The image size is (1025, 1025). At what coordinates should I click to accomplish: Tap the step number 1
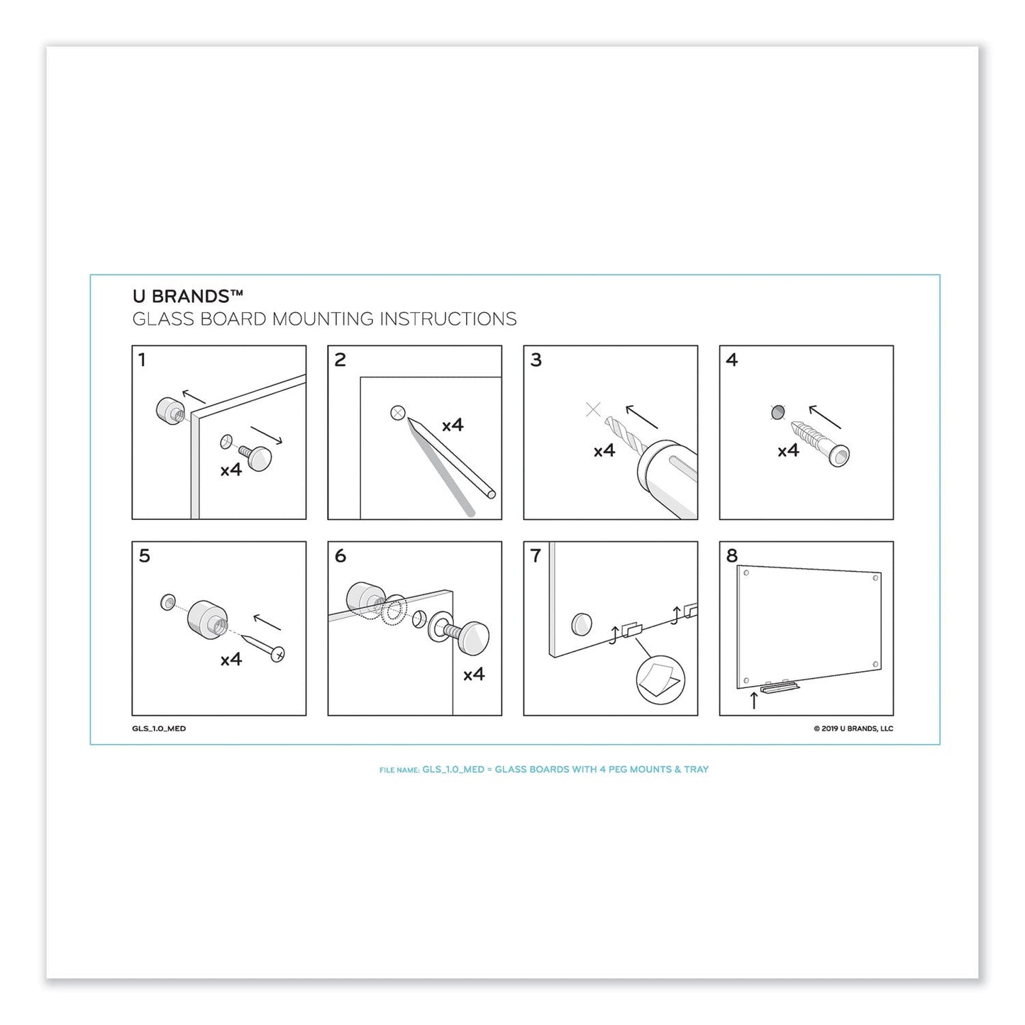[x=142, y=360]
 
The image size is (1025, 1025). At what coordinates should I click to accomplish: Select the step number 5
[x=144, y=556]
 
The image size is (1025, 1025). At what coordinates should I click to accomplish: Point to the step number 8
[x=732, y=556]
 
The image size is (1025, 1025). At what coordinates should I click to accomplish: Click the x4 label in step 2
[x=453, y=425]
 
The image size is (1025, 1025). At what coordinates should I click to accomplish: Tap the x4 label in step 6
[x=474, y=674]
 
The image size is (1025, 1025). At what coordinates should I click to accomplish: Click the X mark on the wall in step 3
[x=593, y=409]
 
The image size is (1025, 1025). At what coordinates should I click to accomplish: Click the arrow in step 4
[x=825, y=417]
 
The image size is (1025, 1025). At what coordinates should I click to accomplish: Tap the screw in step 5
[x=261, y=643]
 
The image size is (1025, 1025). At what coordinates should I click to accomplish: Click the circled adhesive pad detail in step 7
[x=660, y=679]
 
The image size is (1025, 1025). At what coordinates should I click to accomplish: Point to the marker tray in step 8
[x=780, y=687]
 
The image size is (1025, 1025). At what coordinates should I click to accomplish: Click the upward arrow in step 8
[x=753, y=701]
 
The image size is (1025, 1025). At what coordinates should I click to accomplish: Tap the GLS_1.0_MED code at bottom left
[x=159, y=728]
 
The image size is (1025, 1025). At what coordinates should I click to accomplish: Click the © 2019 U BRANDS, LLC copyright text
[x=853, y=728]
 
